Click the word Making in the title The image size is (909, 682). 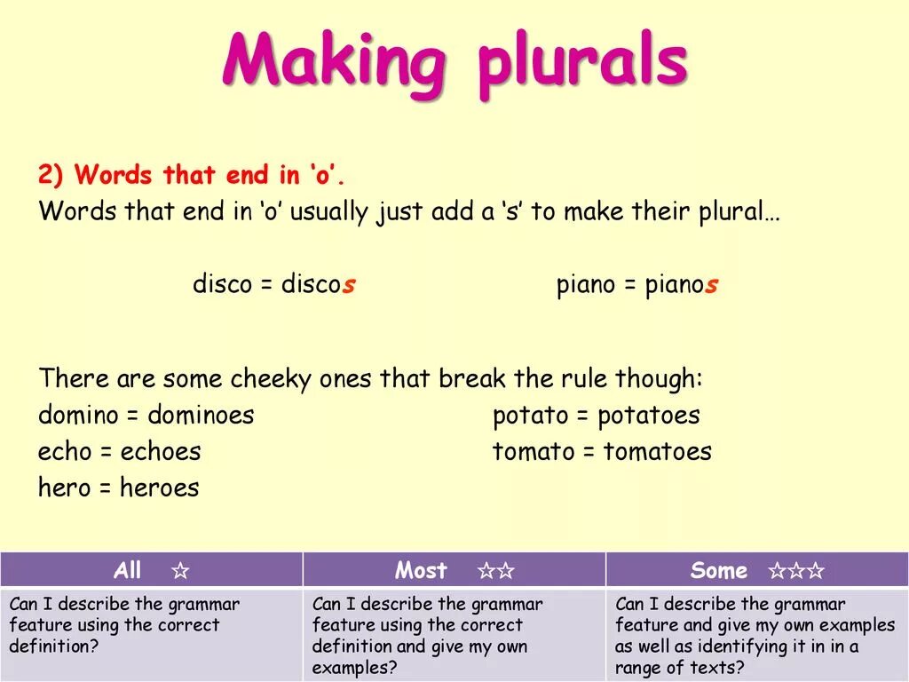(x=334, y=60)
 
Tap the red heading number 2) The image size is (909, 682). (x=52, y=175)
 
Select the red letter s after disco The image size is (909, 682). (x=349, y=285)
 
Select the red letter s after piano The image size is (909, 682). (x=711, y=285)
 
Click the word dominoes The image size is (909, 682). (x=201, y=415)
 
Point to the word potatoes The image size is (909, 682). (x=648, y=415)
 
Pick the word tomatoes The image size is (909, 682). (x=657, y=451)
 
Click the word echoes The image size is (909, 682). (x=161, y=451)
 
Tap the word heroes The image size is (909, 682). (x=159, y=488)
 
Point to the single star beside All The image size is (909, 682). (x=180, y=571)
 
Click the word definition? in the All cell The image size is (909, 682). (x=54, y=646)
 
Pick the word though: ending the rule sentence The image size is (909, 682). (x=659, y=379)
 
